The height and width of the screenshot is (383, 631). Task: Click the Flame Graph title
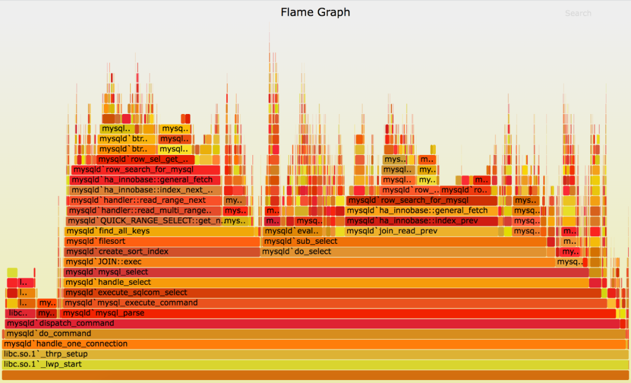coord(315,12)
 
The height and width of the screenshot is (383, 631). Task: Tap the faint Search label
coord(578,13)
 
